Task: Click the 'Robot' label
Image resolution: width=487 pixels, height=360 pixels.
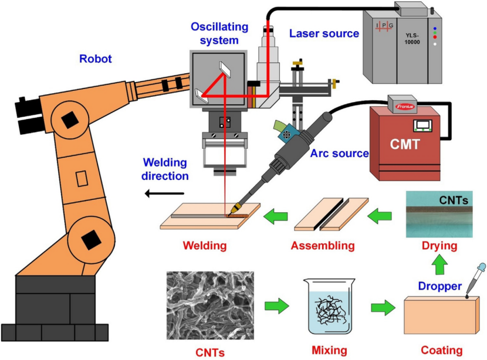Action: coord(95,59)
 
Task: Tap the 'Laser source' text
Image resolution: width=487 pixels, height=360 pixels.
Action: coord(324,33)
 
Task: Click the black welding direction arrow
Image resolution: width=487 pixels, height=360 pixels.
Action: coord(164,194)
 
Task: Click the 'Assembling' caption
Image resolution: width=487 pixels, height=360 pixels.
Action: coord(323,245)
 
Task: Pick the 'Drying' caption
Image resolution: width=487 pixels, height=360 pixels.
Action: coord(440,245)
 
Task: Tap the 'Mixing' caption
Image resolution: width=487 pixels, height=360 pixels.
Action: coord(329,351)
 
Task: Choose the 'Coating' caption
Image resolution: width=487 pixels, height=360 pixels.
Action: coord(442,351)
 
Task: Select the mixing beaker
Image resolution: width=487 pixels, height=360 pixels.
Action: coord(329,307)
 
